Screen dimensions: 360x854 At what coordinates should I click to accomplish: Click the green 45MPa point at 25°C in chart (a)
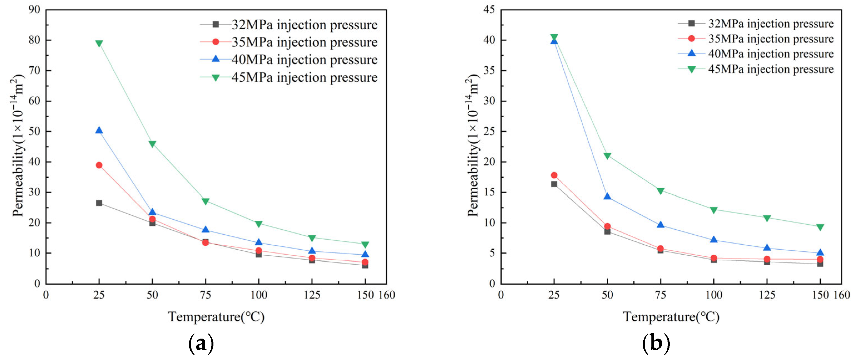[x=99, y=43]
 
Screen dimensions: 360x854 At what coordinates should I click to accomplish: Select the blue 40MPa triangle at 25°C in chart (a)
[x=99, y=131]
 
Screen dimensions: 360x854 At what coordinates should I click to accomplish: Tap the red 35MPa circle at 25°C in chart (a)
[x=99, y=165]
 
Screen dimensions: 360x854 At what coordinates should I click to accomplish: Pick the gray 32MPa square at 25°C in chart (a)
[x=99, y=203]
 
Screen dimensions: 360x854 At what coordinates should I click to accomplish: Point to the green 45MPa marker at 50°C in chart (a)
[x=152, y=144]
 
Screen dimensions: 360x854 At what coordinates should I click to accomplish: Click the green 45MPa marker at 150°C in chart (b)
[x=820, y=227]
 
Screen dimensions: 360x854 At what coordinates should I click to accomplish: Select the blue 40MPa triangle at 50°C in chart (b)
[x=607, y=197]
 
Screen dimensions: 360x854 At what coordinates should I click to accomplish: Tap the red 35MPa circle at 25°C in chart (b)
[x=554, y=175]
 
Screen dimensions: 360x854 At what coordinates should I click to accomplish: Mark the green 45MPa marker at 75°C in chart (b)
[x=660, y=191]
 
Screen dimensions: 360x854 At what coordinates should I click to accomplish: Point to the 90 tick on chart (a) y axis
[x=34, y=10]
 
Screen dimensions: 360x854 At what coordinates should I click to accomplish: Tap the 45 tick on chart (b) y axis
[x=489, y=10]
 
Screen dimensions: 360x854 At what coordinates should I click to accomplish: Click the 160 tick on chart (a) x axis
[x=387, y=295]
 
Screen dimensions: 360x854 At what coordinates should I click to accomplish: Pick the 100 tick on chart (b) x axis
[x=713, y=295]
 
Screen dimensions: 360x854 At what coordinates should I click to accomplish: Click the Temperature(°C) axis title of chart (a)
[x=216, y=317]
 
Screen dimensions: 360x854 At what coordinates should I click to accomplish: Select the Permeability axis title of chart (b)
[x=473, y=146]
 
